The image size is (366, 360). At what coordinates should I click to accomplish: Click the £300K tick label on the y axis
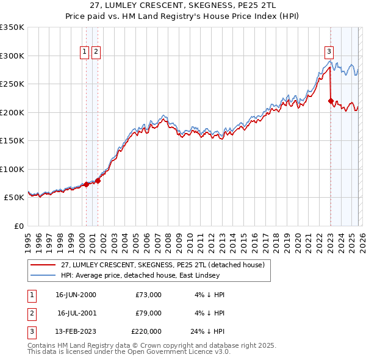click(12, 56)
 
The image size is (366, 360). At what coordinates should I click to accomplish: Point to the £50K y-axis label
click(14, 198)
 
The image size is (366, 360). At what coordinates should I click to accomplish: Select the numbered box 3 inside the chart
click(329, 52)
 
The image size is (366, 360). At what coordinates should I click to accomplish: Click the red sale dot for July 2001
click(98, 181)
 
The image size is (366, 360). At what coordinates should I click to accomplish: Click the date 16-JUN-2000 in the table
click(76, 295)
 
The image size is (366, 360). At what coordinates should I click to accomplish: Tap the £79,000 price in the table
click(148, 313)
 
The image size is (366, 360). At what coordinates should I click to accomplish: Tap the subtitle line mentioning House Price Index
click(183, 16)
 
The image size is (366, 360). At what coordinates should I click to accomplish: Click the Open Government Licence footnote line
click(129, 351)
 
